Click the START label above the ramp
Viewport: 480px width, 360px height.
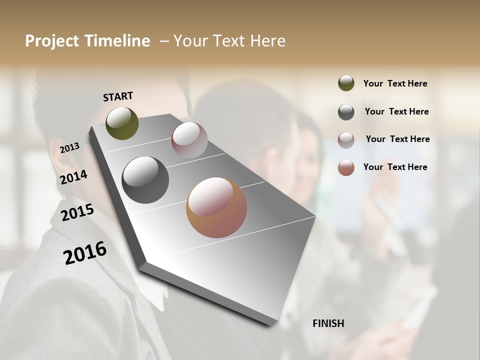[x=118, y=96]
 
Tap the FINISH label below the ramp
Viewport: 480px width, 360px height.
[x=328, y=323]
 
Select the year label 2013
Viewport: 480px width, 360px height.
[x=69, y=147]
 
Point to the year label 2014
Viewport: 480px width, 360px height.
[x=74, y=177]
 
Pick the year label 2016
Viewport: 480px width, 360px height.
[x=85, y=252]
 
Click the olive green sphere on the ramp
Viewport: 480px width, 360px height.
[x=122, y=123]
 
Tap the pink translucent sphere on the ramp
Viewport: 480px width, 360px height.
[x=189, y=140]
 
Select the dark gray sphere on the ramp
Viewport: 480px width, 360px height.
[x=145, y=180]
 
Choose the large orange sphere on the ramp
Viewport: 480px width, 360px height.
[x=216, y=207]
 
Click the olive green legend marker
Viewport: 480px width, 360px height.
[x=346, y=83]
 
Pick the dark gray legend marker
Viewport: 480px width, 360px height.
[x=346, y=112]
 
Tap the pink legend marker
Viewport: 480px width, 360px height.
[x=346, y=140]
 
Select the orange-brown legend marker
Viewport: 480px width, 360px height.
[x=346, y=167]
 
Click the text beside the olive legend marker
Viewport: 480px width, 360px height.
[x=395, y=83]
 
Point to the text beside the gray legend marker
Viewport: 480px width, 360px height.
[x=396, y=111]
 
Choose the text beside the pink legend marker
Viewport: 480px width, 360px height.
[x=397, y=139]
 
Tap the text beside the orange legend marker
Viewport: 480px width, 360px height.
[x=395, y=167]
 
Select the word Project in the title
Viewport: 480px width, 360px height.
[x=52, y=41]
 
